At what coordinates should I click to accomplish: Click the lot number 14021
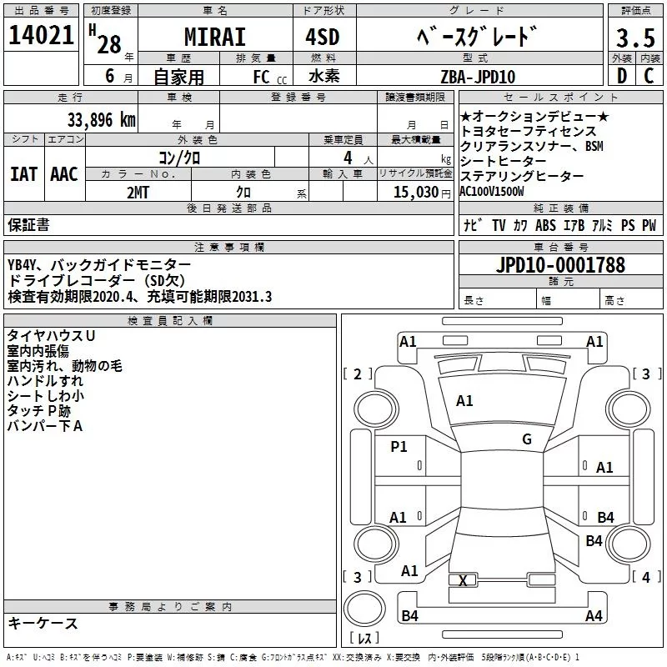40,35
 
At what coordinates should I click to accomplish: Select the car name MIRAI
214,38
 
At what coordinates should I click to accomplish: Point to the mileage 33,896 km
100,119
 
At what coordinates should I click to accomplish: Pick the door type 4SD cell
323,38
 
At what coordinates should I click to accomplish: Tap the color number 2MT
138,192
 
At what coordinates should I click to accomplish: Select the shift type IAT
23,173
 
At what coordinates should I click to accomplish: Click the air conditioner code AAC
64,173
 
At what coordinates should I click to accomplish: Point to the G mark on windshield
526,439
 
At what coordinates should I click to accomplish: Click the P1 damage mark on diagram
399,447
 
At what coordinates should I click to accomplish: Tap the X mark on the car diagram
464,579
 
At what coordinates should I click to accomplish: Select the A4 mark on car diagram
594,616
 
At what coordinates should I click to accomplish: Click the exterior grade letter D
620,77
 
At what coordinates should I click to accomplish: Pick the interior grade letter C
649,77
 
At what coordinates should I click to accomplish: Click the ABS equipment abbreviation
545,225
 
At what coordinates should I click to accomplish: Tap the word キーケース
43,623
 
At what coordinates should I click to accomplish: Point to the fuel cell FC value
263,78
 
